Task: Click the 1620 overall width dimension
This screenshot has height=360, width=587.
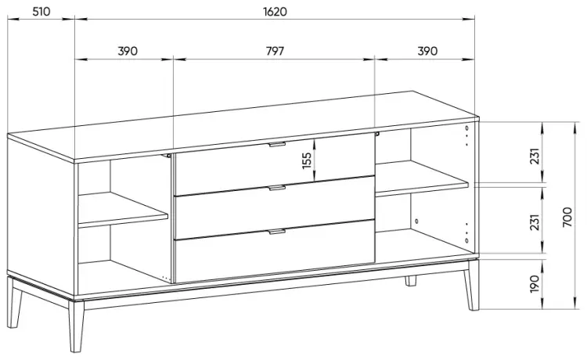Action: [275, 12]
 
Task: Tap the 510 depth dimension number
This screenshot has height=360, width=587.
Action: [41, 12]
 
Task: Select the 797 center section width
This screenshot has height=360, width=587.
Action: [275, 51]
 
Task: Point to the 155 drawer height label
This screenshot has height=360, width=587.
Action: [307, 160]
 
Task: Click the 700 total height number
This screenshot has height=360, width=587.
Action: [567, 217]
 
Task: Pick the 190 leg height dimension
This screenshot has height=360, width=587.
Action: [535, 284]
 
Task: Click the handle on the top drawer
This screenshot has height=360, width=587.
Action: [277, 144]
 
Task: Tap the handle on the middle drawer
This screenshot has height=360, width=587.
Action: [277, 188]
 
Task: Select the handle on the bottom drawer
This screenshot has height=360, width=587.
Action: [277, 232]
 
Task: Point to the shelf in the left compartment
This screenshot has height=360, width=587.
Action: [123, 210]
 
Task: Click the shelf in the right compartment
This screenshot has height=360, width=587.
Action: [422, 179]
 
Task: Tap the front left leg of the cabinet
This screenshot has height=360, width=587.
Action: [77, 326]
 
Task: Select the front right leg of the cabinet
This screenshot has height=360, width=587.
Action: [472, 284]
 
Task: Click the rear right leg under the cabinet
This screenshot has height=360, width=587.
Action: [411, 281]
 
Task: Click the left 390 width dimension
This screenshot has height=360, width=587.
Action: [128, 51]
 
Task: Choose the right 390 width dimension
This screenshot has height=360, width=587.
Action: [427, 51]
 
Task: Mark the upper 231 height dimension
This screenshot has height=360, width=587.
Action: [535, 156]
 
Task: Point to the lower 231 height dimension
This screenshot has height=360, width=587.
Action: [535, 222]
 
